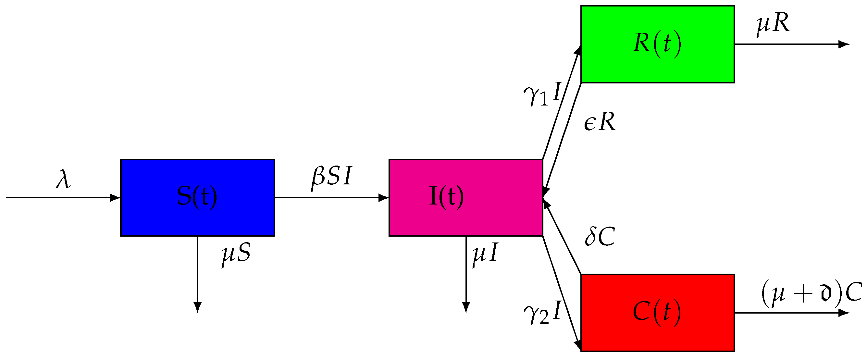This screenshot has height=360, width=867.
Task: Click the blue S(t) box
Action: [x=198, y=197]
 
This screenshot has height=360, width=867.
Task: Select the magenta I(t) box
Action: [x=466, y=197]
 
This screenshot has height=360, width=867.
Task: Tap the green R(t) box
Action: [x=657, y=44]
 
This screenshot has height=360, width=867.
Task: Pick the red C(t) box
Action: [x=657, y=313]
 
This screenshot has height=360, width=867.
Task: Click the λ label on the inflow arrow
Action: [x=63, y=179]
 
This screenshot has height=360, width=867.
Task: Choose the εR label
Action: [x=600, y=122]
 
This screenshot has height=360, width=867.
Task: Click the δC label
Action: [x=600, y=237]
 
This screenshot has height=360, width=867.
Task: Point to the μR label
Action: [x=773, y=24]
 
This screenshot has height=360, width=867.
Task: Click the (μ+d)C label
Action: [x=811, y=293]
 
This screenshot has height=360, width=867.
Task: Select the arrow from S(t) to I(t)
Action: [x=331, y=197]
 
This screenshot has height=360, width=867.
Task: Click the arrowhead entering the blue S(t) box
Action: [x=116, y=197]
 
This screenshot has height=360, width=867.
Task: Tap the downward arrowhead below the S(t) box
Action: [x=198, y=307]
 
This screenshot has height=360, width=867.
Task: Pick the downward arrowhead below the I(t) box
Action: [x=466, y=307]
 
